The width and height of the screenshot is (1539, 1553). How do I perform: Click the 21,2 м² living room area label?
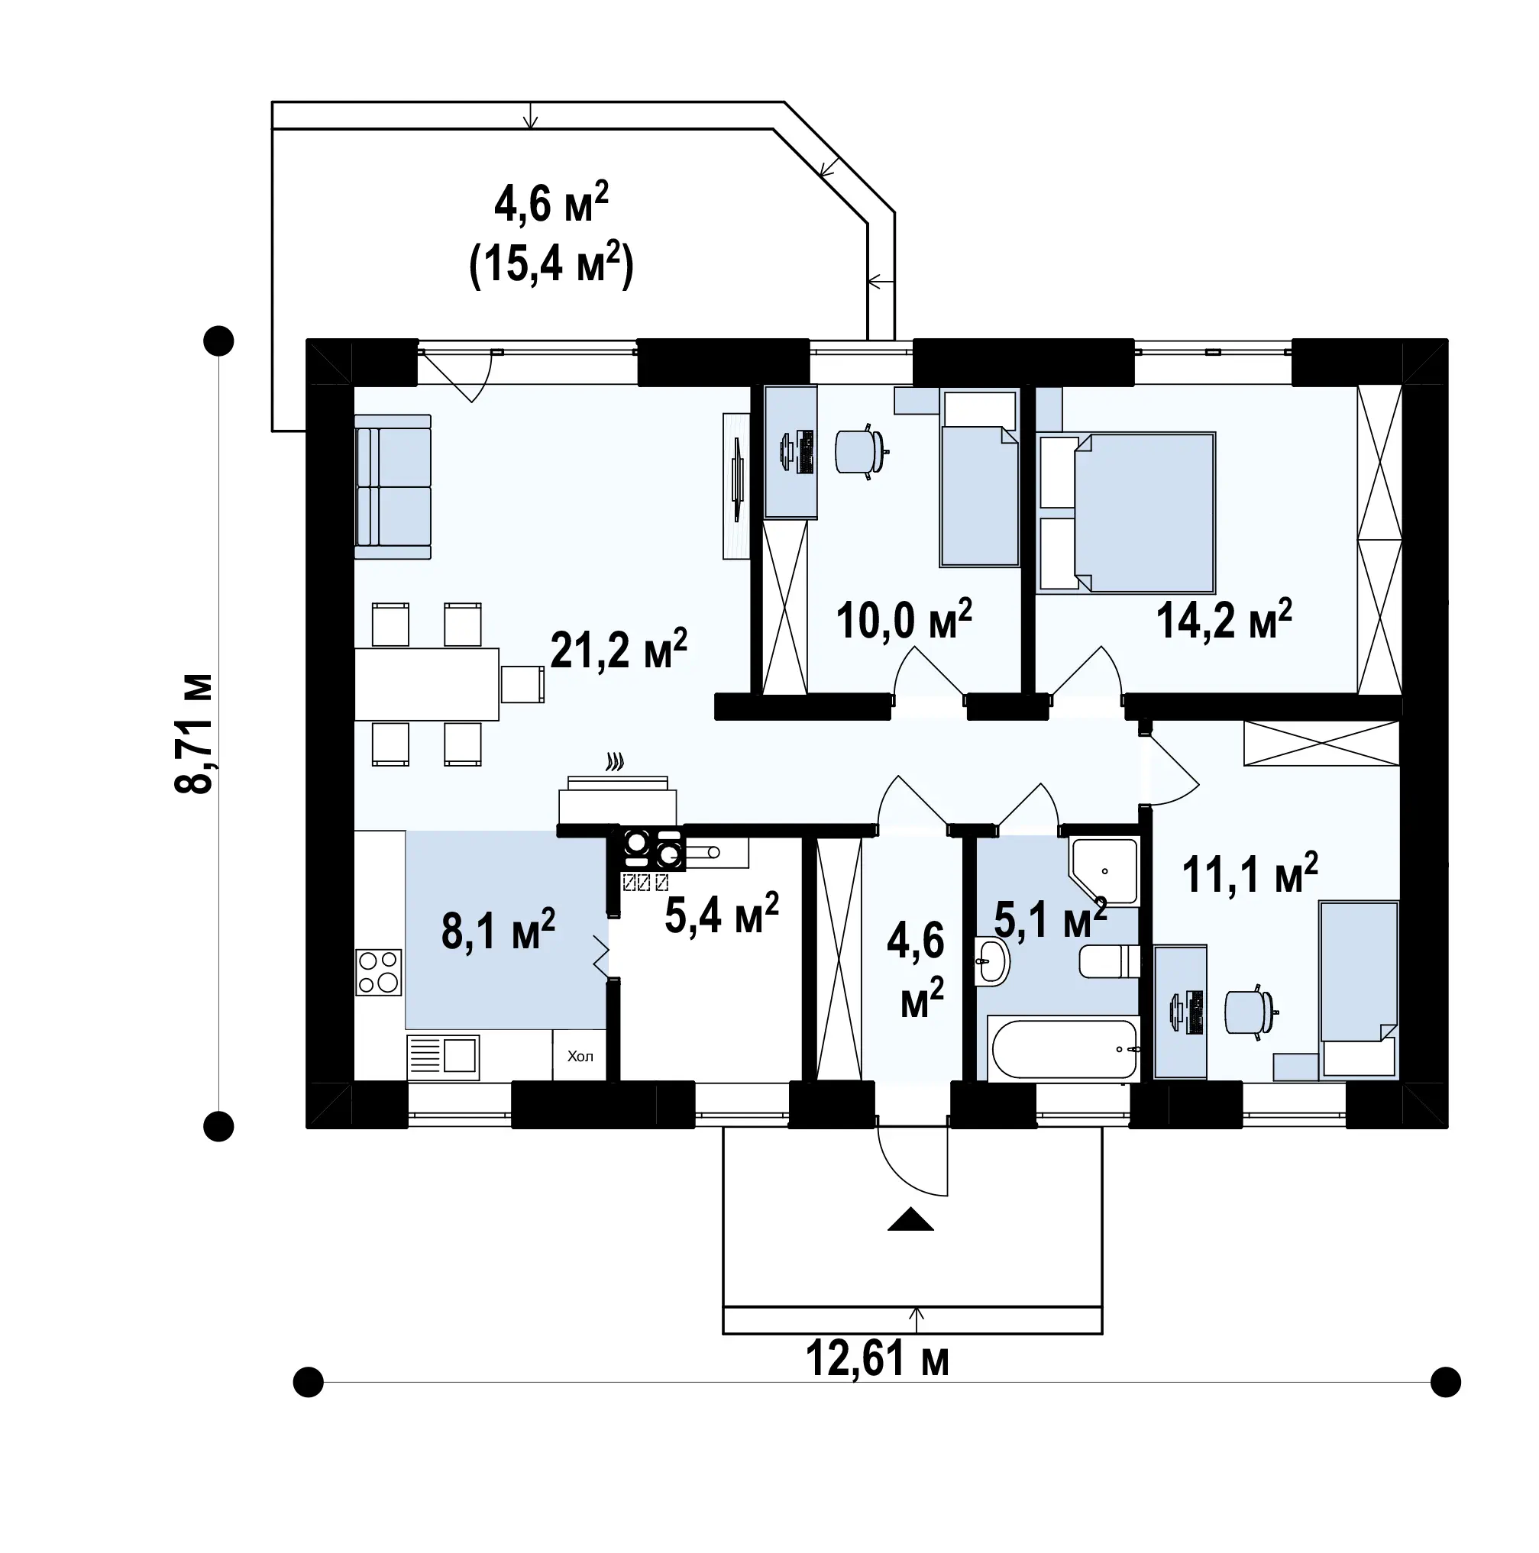(x=619, y=650)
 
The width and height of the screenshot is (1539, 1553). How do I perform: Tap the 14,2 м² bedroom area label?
(x=1224, y=619)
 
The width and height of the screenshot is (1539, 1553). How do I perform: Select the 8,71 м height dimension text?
(x=194, y=733)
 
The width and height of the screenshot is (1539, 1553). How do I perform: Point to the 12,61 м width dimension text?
(x=878, y=1359)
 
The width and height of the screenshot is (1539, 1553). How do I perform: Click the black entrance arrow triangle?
(x=910, y=1219)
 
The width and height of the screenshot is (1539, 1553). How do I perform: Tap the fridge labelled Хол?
(x=580, y=1055)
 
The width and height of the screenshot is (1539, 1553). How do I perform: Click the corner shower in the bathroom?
(x=1103, y=870)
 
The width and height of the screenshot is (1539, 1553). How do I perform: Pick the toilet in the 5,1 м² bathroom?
(x=1109, y=961)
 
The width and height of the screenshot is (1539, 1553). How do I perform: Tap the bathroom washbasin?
(x=992, y=961)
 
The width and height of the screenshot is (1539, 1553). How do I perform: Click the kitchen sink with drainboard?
(x=443, y=1056)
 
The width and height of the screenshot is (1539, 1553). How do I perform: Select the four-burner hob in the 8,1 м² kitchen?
(x=378, y=972)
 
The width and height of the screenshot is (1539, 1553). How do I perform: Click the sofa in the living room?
(x=393, y=486)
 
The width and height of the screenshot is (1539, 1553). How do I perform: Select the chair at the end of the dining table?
(x=522, y=684)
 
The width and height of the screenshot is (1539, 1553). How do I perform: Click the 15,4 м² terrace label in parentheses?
(x=551, y=263)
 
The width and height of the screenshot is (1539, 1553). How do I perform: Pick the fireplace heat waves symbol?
(x=615, y=761)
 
